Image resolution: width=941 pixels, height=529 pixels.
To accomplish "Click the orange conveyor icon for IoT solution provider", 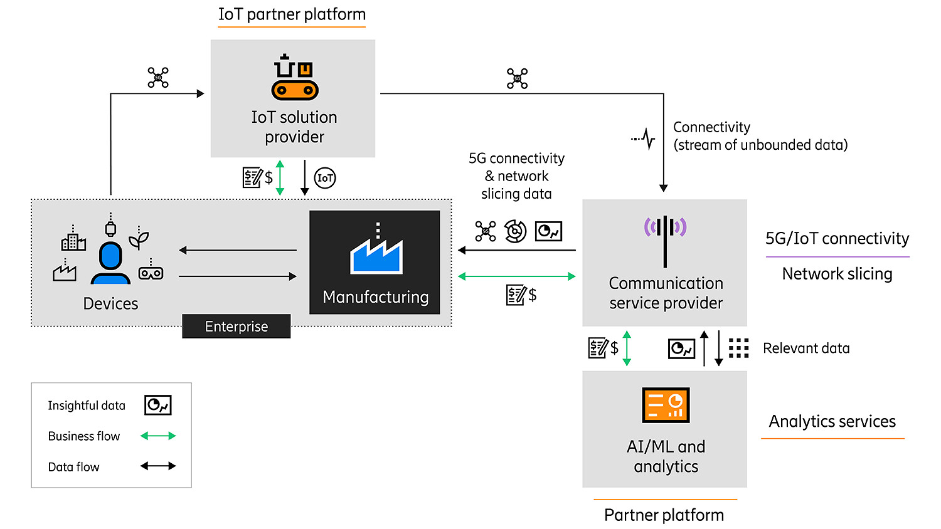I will click(294, 78).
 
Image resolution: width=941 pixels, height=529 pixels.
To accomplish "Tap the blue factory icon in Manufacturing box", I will click(376, 252).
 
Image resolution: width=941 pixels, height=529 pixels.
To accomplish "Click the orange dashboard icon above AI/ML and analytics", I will click(666, 405).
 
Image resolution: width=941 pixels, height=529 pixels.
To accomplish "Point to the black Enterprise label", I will click(237, 327).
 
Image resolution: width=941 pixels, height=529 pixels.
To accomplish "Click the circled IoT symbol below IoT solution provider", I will click(325, 178).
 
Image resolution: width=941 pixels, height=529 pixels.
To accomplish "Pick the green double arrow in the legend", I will click(158, 436).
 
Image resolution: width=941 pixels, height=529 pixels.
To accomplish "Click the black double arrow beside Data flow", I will click(158, 466).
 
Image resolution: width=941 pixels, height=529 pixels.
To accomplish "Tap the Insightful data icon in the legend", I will click(158, 406).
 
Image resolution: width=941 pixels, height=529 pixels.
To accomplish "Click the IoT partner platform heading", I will click(292, 14).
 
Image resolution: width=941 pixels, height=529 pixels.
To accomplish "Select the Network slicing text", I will click(837, 274).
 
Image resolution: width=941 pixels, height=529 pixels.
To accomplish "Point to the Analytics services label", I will click(832, 421).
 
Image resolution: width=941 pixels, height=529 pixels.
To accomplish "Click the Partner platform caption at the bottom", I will click(664, 515).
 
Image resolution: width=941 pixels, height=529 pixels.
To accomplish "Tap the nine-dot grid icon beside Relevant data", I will click(738, 348).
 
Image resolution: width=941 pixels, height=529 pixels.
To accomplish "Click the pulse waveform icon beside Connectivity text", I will click(644, 139).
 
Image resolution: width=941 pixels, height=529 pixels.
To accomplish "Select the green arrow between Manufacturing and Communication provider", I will click(516, 276).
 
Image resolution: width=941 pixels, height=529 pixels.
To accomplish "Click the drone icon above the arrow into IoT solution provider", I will click(158, 78).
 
